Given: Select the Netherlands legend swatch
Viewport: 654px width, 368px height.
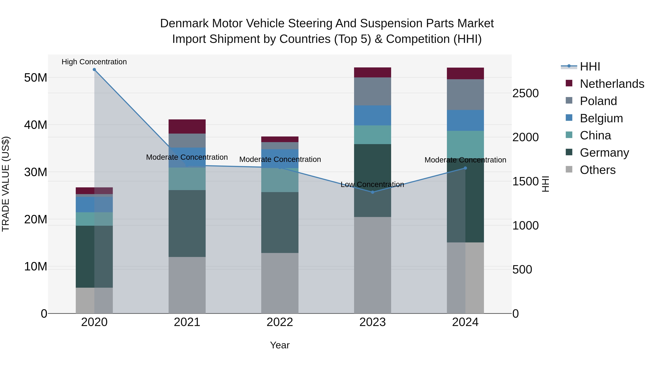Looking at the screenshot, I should click(x=569, y=83).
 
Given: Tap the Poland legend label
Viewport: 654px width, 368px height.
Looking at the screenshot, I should click(x=598, y=101).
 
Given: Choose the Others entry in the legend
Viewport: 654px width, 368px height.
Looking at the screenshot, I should click(x=598, y=170).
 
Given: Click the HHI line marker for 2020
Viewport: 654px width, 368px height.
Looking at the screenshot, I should click(x=94, y=70).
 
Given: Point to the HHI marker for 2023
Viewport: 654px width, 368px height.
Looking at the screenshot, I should click(x=372, y=192).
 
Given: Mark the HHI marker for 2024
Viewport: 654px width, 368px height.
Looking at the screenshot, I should click(x=465, y=168).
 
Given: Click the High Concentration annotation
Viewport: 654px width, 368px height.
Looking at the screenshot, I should click(x=94, y=62).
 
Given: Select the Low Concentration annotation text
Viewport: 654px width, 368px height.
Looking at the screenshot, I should click(x=372, y=185).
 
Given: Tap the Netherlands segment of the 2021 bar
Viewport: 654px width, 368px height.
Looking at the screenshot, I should click(x=187, y=126).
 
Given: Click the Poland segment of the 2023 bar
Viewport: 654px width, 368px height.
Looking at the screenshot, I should click(x=372, y=91).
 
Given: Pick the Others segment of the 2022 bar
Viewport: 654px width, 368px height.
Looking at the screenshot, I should click(x=280, y=283).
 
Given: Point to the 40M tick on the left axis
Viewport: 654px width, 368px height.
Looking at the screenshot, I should click(x=36, y=125).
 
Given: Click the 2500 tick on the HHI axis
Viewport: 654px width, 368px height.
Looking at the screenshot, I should click(x=525, y=93).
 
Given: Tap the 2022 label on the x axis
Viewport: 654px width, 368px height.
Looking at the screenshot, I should click(x=280, y=322).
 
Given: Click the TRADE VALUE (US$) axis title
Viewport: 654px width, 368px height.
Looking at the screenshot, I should click(x=6, y=184).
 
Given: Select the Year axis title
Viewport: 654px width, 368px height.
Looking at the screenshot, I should click(x=280, y=345).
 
